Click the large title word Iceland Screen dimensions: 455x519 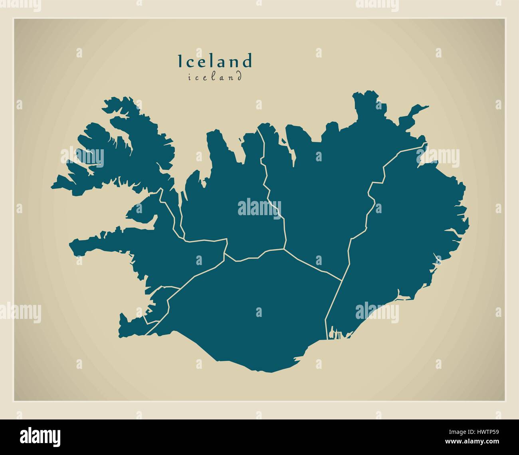(215, 61)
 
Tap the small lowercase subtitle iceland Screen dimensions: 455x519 (215, 77)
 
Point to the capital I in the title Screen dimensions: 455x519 (180, 61)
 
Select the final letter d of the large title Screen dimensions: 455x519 (248, 61)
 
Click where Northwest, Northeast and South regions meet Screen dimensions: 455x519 (284, 249)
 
